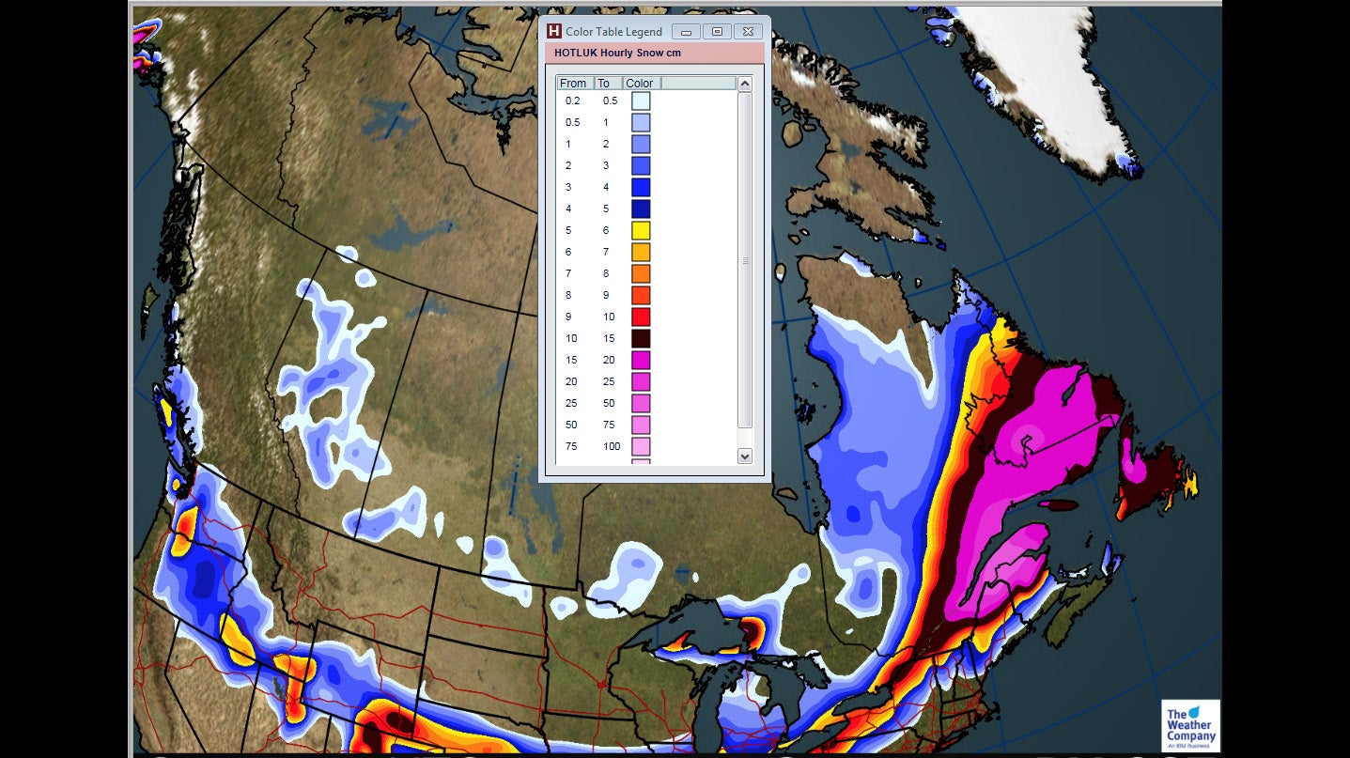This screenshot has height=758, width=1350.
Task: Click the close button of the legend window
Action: point(748,31)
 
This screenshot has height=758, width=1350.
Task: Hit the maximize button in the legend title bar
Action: point(717,31)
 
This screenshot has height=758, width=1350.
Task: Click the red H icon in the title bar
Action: point(554,31)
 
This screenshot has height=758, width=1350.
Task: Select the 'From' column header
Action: point(573,84)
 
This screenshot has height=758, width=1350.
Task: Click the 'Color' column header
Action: point(640,84)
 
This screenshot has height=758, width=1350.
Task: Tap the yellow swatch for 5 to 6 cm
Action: point(641,231)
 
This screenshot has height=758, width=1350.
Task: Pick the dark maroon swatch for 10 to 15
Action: point(641,339)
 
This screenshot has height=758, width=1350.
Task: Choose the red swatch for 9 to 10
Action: point(641,317)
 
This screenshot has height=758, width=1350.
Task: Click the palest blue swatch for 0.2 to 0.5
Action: point(641,101)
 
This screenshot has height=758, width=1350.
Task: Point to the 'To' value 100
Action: point(612,447)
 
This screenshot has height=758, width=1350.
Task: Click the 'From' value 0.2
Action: point(573,101)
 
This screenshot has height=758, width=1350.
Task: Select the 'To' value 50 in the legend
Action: point(608,404)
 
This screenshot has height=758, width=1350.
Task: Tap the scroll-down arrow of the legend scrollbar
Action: point(745,456)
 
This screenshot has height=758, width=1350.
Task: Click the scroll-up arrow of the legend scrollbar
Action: point(745,84)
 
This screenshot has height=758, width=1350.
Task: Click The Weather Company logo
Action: point(1190,725)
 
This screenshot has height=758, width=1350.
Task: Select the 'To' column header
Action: point(604,84)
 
